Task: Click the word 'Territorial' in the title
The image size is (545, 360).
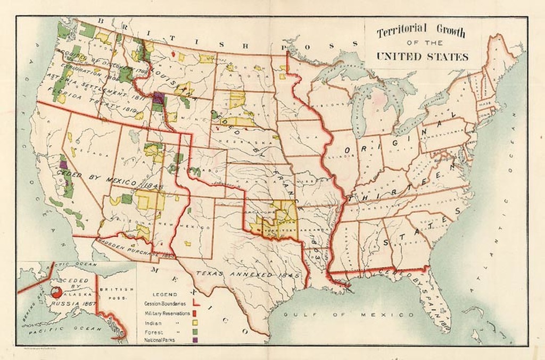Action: [x=401, y=32]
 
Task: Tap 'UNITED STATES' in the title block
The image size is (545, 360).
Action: [x=422, y=57]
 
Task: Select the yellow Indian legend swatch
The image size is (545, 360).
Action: [x=195, y=322]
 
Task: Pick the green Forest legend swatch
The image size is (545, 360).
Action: [x=195, y=330]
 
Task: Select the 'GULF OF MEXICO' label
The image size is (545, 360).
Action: [x=348, y=315]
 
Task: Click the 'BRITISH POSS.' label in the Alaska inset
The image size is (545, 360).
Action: [x=113, y=294]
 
